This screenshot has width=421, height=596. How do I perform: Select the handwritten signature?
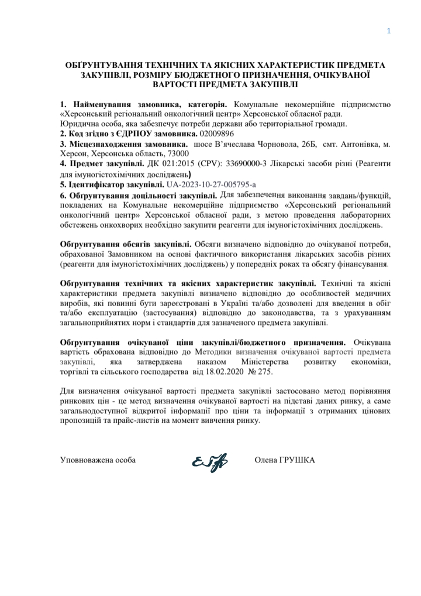point(209,463)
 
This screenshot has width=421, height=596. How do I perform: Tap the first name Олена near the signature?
point(266,460)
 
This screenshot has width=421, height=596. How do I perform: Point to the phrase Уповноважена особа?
point(98,460)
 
